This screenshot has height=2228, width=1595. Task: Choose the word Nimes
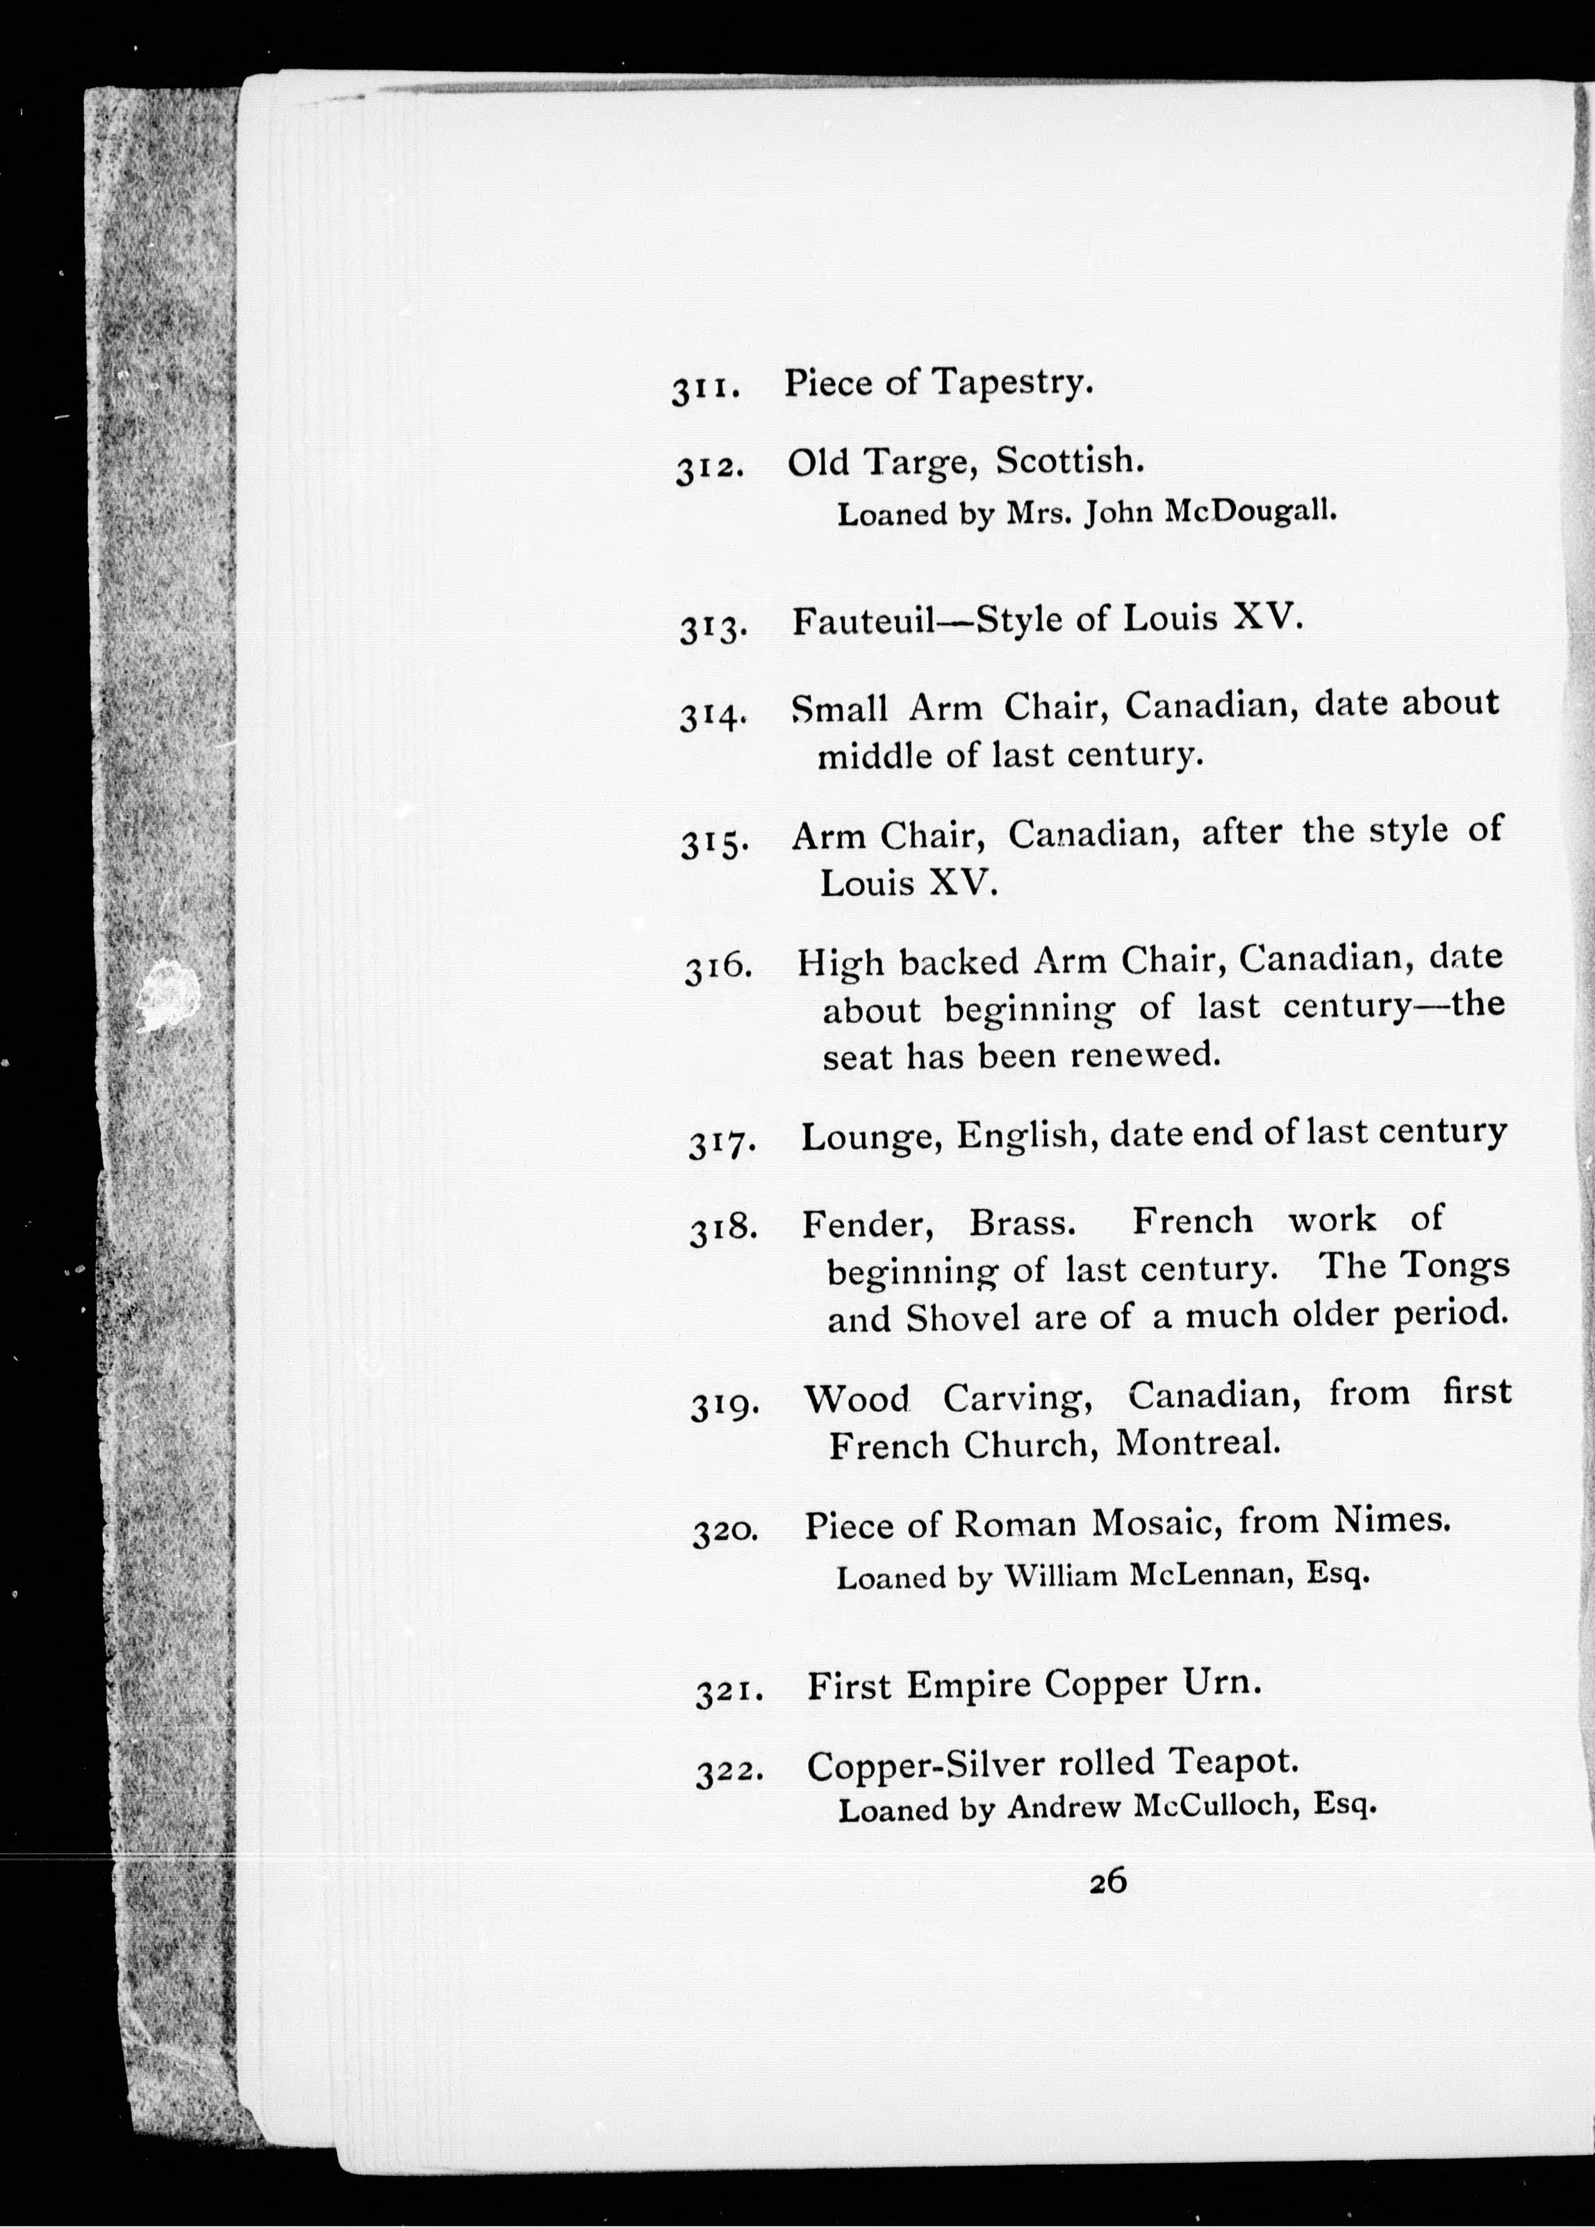[x=1391, y=1520]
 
